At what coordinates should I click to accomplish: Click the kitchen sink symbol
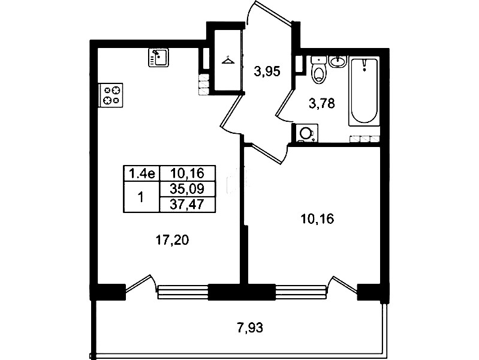pyautogui.click(x=158, y=58)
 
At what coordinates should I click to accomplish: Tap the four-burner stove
pyautogui.click(x=110, y=95)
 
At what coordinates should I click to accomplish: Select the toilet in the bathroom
pyautogui.click(x=319, y=70)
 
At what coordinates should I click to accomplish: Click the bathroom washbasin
pyautogui.click(x=338, y=61)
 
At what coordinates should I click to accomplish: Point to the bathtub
pyautogui.click(x=364, y=91)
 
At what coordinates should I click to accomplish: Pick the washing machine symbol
pyautogui.click(x=306, y=133)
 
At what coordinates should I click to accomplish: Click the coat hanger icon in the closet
pyautogui.click(x=228, y=60)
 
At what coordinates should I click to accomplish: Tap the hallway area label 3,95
pyautogui.click(x=267, y=71)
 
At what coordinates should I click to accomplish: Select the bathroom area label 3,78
pyautogui.click(x=322, y=103)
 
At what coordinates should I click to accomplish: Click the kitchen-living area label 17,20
pyautogui.click(x=172, y=241)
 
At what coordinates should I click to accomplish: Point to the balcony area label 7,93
pyautogui.click(x=250, y=328)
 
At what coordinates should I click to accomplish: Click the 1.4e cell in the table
pyautogui.click(x=141, y=174)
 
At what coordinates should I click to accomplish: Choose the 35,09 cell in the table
pyautogui.click(x=187, y=189)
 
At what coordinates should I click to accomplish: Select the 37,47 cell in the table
pyautogui.click(x=187, y=205)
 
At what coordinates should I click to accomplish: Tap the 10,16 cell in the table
pyautogui.click(x=187, y=173)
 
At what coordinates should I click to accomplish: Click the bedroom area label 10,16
pyautogui.click(x=317, y=219)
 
